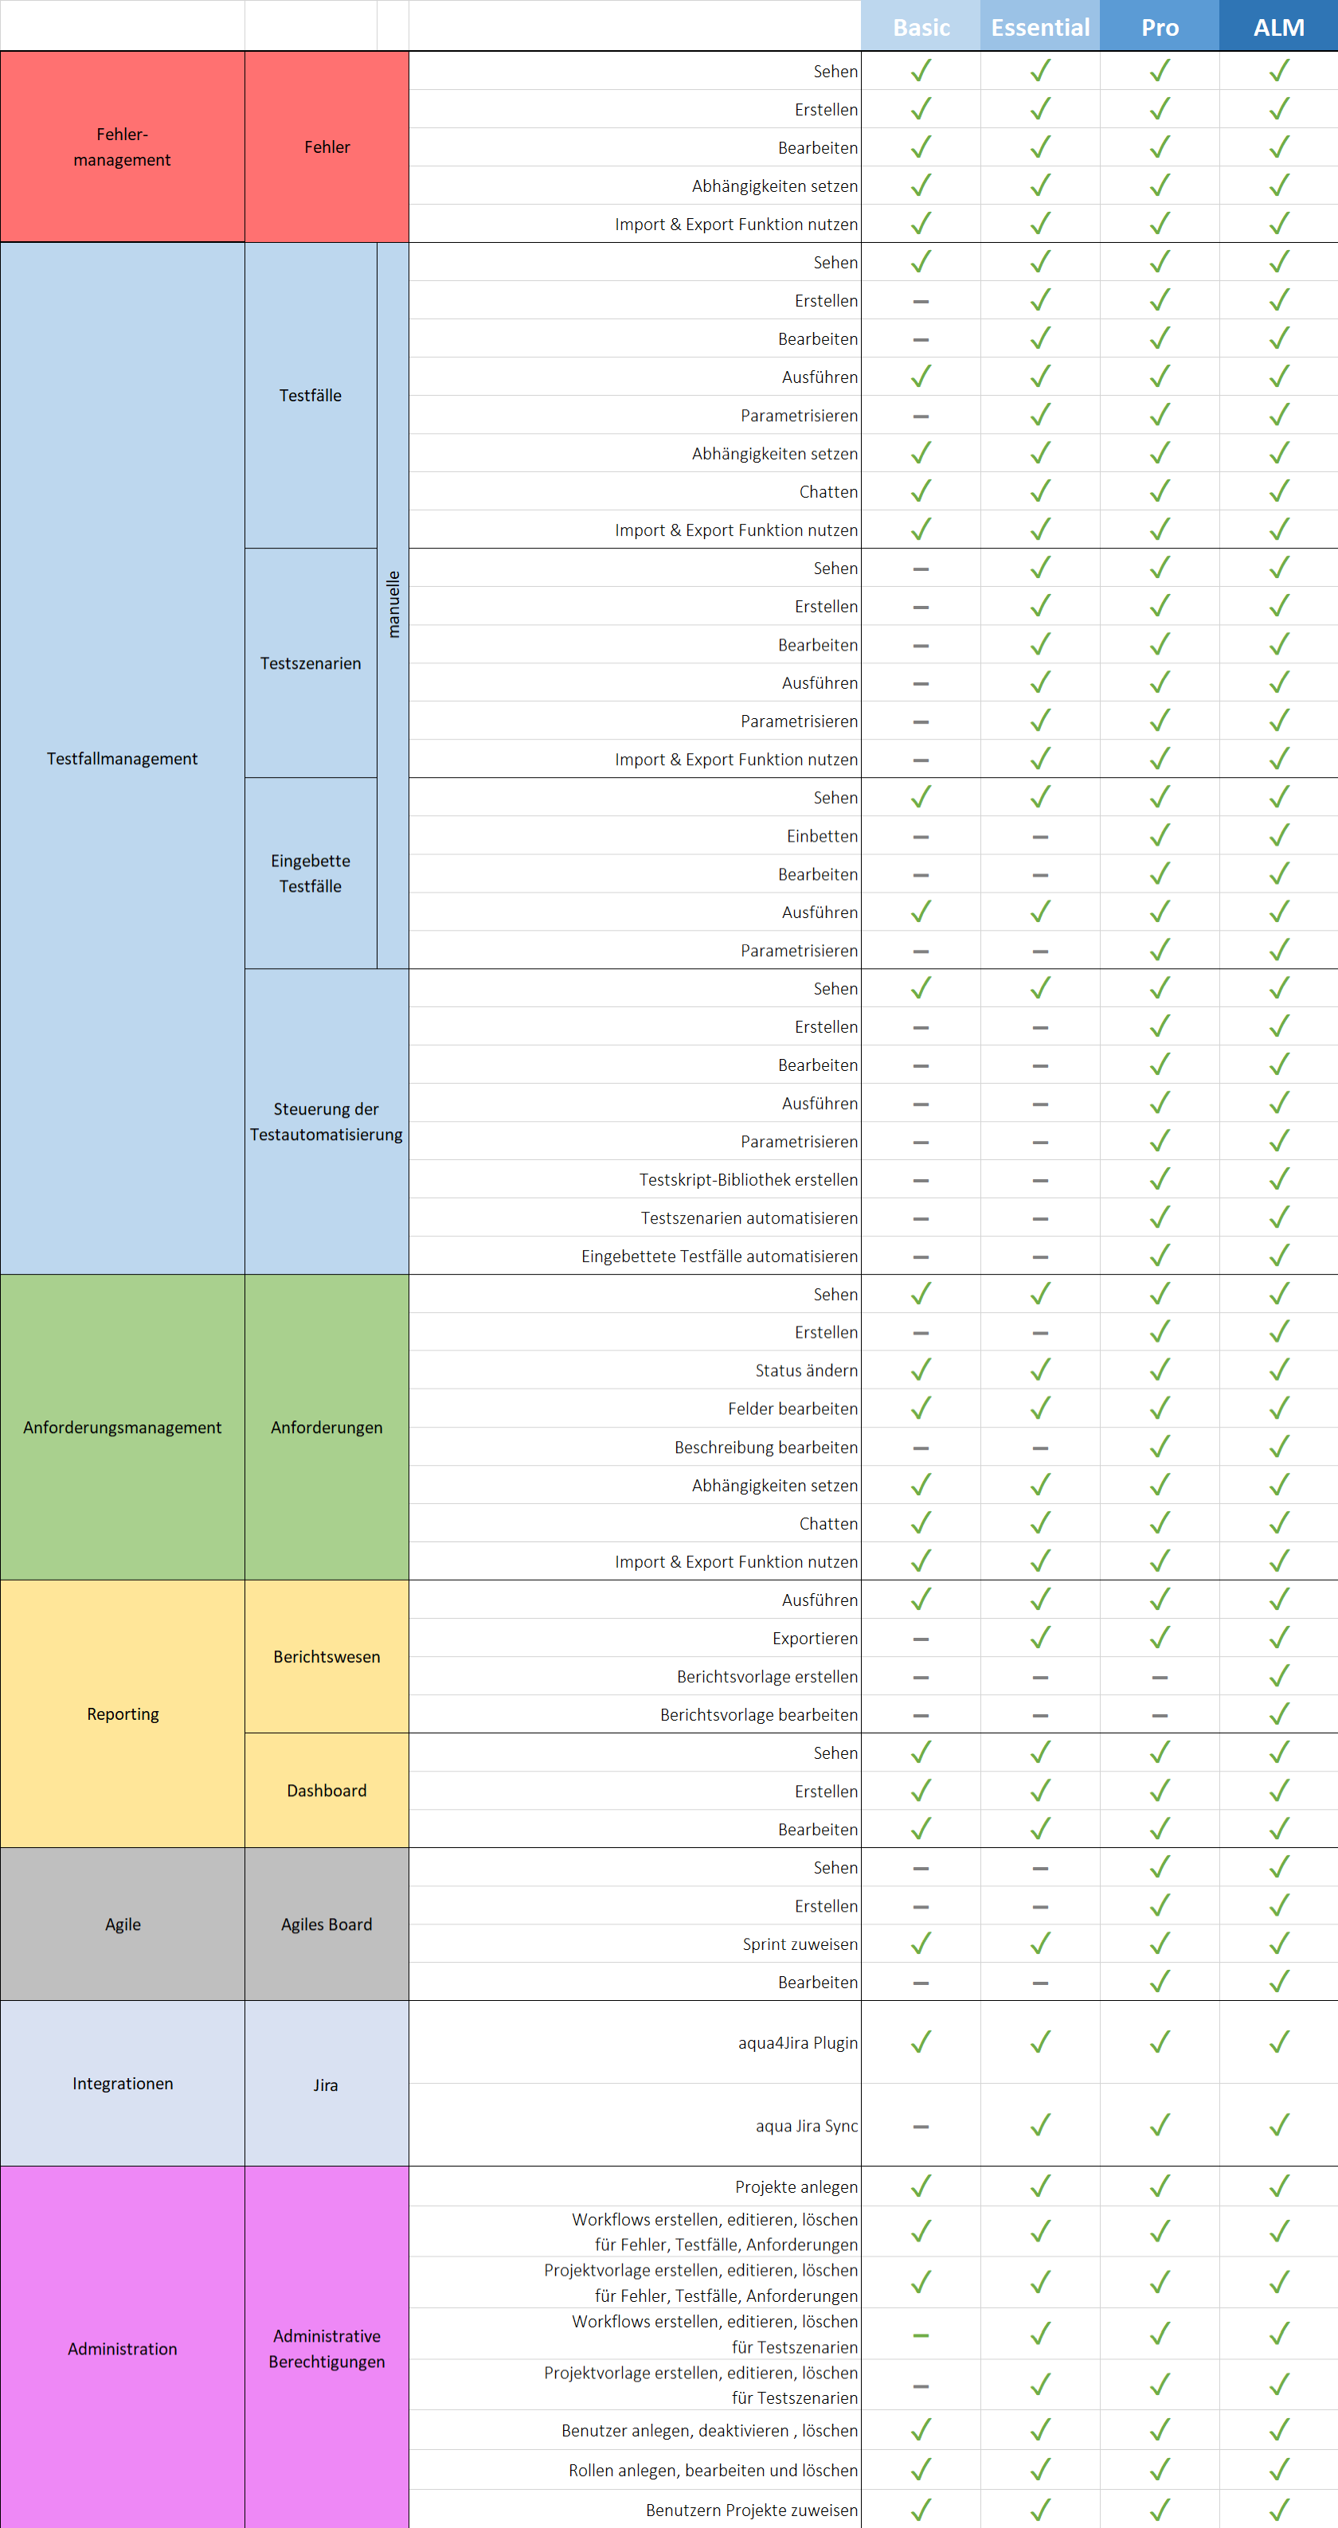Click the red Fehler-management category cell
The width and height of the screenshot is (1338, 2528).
click(122, 147)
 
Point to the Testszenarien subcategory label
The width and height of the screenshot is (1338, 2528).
click(310, 663)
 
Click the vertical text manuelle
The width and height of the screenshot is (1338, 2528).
click(393, 604)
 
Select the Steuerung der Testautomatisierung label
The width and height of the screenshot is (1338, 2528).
click(326, 1122)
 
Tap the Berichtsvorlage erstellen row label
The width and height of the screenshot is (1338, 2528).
click(767, 1676)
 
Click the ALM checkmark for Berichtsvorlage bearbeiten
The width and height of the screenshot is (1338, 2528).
click(1278, 1714)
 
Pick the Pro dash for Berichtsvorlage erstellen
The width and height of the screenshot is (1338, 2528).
click(1160, 1677)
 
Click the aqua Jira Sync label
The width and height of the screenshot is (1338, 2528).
click(806, 2126)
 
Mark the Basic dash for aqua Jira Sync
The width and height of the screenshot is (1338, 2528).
click(921, 2127)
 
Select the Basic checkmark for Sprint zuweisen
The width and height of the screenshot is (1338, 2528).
click(921, 1943)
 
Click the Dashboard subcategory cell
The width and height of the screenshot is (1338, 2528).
click(326, 1790)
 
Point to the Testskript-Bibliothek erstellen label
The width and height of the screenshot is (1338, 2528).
click(748, 1180)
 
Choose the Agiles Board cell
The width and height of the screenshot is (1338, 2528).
click(326, 1924)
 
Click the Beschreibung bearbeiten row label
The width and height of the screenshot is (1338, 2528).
click(765, 1448)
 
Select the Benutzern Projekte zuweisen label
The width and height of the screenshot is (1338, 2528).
click(751, 2510)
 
